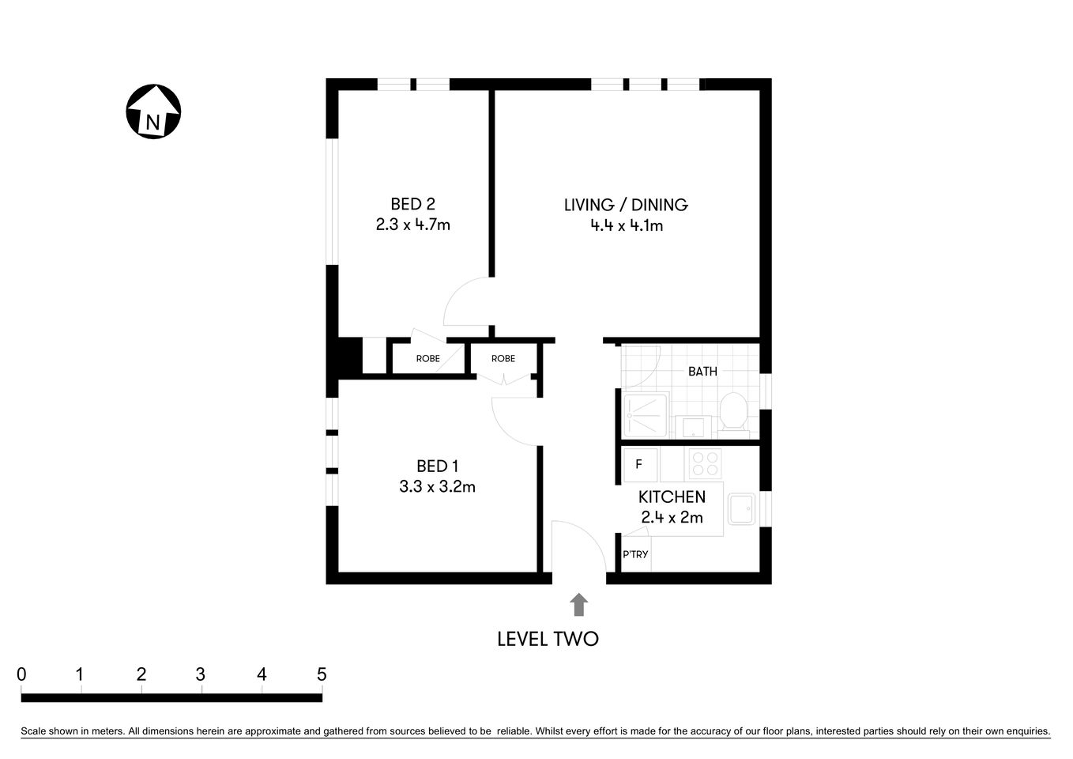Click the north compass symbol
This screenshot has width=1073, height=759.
point(153,111)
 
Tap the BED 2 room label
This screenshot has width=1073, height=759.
point(412,204)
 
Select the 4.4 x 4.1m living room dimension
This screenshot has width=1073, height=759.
point(626,226)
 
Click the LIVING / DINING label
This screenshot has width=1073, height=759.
point(626,205)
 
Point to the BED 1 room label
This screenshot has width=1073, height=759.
point(437,466)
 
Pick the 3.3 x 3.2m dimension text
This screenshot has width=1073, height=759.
point(437,487)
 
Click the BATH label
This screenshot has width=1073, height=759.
point(702,371)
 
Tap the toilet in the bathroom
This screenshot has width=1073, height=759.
point(734,413)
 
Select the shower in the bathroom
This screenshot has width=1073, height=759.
point(645,415)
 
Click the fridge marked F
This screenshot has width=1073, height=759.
point(639,465)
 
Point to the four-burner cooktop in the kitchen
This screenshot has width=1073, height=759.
point(705,464)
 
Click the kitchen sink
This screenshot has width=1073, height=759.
point(742,509)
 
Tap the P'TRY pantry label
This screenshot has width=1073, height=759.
point(635,554)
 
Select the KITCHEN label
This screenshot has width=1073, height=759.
point(672,497)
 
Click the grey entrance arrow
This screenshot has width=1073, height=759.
point(579,605)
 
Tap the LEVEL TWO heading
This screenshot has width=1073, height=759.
point(548,639)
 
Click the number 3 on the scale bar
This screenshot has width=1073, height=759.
point(201,674)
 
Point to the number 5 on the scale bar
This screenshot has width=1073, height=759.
point(321,674)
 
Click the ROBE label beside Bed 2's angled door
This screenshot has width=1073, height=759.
point(427,359)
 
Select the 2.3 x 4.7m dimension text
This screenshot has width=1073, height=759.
point(412,225)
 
